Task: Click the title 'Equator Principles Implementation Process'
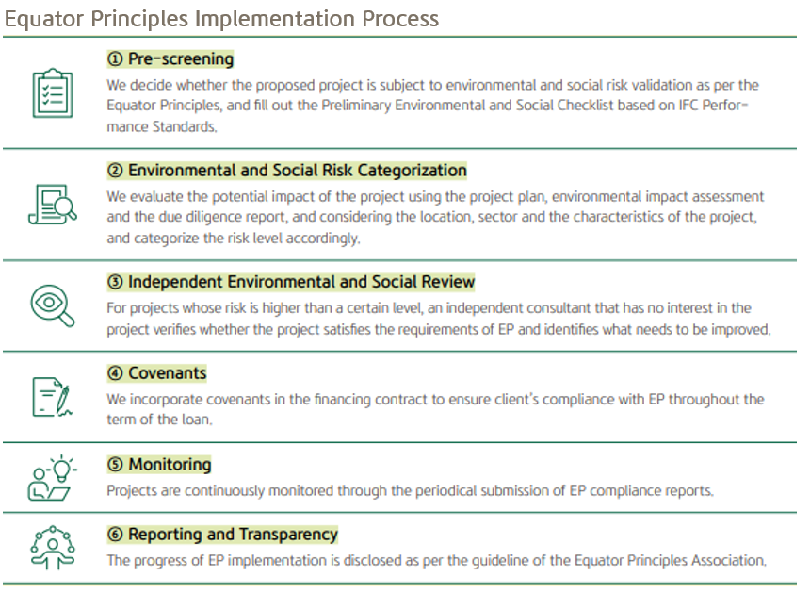pyautogui.click(x=222, y=18)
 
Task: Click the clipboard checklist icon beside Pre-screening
pyautogui.click(x=53, y=92)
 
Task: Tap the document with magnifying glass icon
pyautogui.click(x=53, y=203)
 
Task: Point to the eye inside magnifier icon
pyautogui.click(x=53, y=305)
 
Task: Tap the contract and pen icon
pyautogui.click(x=53, y=396)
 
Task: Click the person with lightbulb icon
pyautogui.click(x=53, y=477)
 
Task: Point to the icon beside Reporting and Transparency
pyautogui.click(x=53, y=548)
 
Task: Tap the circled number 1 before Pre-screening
pyautogui.click(x=115, y=59)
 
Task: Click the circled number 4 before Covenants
pyautogui.click(x=115, y=373)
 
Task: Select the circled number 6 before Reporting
pyautogui.click(x=115, y=535)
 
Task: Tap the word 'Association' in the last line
pyautogui.click(x=721, y=561)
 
